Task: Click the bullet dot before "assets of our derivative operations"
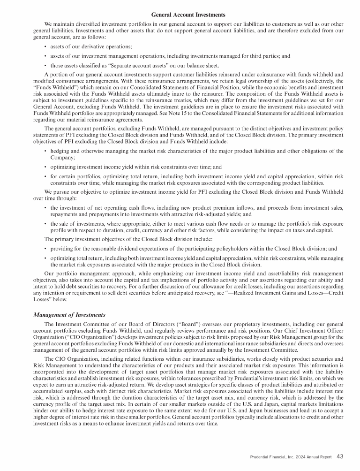point(45,46)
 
